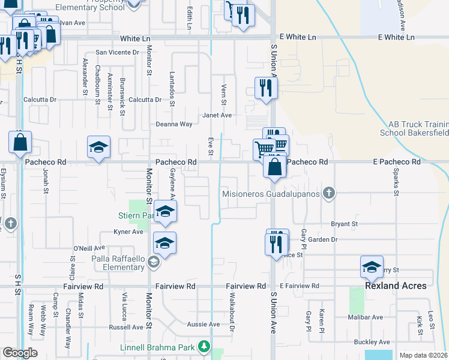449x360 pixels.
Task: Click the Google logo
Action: click(x=20, y=353)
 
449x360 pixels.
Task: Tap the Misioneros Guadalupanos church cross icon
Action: click(x=328, y=193)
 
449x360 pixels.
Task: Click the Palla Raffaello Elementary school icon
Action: click(x=154, y=261)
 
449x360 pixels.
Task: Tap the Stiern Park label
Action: click(x=125, y=215)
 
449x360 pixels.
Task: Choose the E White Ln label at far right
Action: click(x=396, y=37)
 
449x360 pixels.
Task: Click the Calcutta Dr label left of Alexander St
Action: click(x=40, y=100)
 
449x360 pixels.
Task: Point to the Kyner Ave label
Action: click(x=129, y=232)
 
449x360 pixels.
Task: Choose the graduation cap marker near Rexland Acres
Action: click(x=372, y=266)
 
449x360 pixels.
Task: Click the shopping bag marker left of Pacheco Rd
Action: click(x=20, y=143)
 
